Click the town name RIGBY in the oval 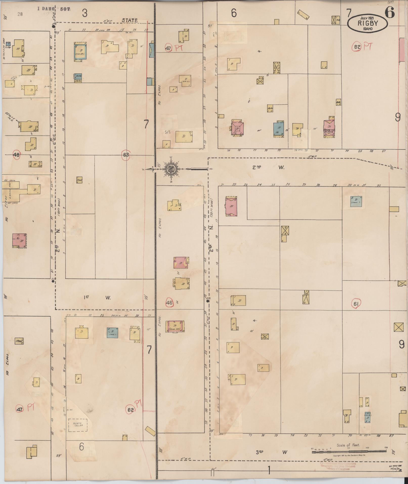tap(368, 23)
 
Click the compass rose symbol tap(170, 169)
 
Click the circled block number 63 tap(126, 155)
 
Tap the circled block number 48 tap(17, 155)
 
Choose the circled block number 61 tap(356, 304)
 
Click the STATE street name tap(130, 20)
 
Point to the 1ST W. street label tap(97, 298)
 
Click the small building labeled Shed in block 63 tap(79, 180)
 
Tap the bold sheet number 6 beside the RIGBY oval tap(390, 12)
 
